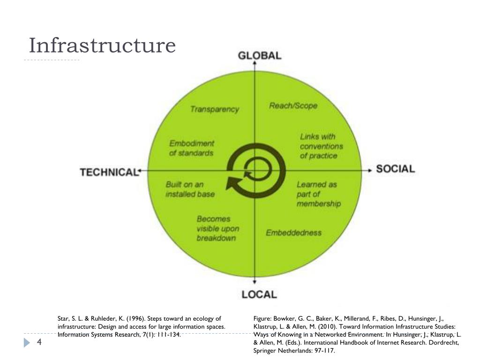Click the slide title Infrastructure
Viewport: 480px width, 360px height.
pyautogui.click(x=102, y=46)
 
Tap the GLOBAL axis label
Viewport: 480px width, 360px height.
pyautogui.click(x=260, y=55)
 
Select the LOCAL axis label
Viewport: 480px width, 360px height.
pyautogui.click(x=259, y=294)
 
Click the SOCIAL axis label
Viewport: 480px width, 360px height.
pyautogui.click(x=396, y=169)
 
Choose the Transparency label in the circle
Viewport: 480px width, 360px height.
pyautogui.click(x=214, y=109)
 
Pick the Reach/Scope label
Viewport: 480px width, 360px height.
pyautogui.click(x=293, y=105)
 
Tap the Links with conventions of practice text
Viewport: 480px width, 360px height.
pyautogui.click(x=322, y=146)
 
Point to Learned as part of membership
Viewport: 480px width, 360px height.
pyautogui.click(x=318, y=194)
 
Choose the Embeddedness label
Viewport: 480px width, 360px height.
pyautogui.click(x=293, y=232)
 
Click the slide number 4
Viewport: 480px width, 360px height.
pyautogui.click(x=39, y=343)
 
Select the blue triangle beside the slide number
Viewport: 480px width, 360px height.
pyautogui.click(x=27, y=343)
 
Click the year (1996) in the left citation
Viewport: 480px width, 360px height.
pyautogui.click(x=130, y=319)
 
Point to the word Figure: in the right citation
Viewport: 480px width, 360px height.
pyautogui.click(x=263, y=319)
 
